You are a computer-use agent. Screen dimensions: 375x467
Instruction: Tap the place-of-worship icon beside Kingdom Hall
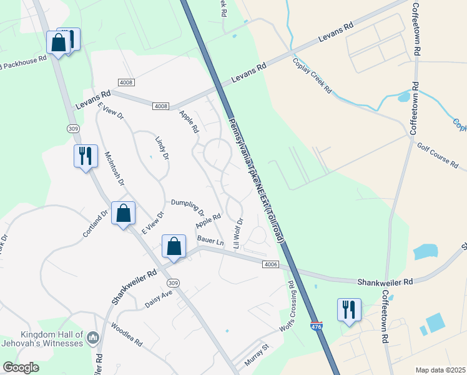click(x=93, y=338)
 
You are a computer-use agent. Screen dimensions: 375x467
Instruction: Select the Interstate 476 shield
click(x=317, y=326)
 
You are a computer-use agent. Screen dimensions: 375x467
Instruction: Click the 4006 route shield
click(x=270, y=265)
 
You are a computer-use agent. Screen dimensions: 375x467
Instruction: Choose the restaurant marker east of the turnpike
click(x=348, y=310)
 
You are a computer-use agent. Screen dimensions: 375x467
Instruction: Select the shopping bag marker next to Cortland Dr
click(x=124, y=213)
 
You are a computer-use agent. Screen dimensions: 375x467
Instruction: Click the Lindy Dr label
click(x=161, y=148)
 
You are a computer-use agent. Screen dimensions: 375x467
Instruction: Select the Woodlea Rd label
click(x=126, y=336)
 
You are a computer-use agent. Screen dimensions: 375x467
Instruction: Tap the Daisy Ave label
click(x=158, y=298)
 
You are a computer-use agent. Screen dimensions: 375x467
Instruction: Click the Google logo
click(x=21, y=367)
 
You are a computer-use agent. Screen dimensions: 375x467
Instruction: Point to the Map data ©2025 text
click(x=440, y=370)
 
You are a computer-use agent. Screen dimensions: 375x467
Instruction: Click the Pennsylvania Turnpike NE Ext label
click(x=256, y=180)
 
